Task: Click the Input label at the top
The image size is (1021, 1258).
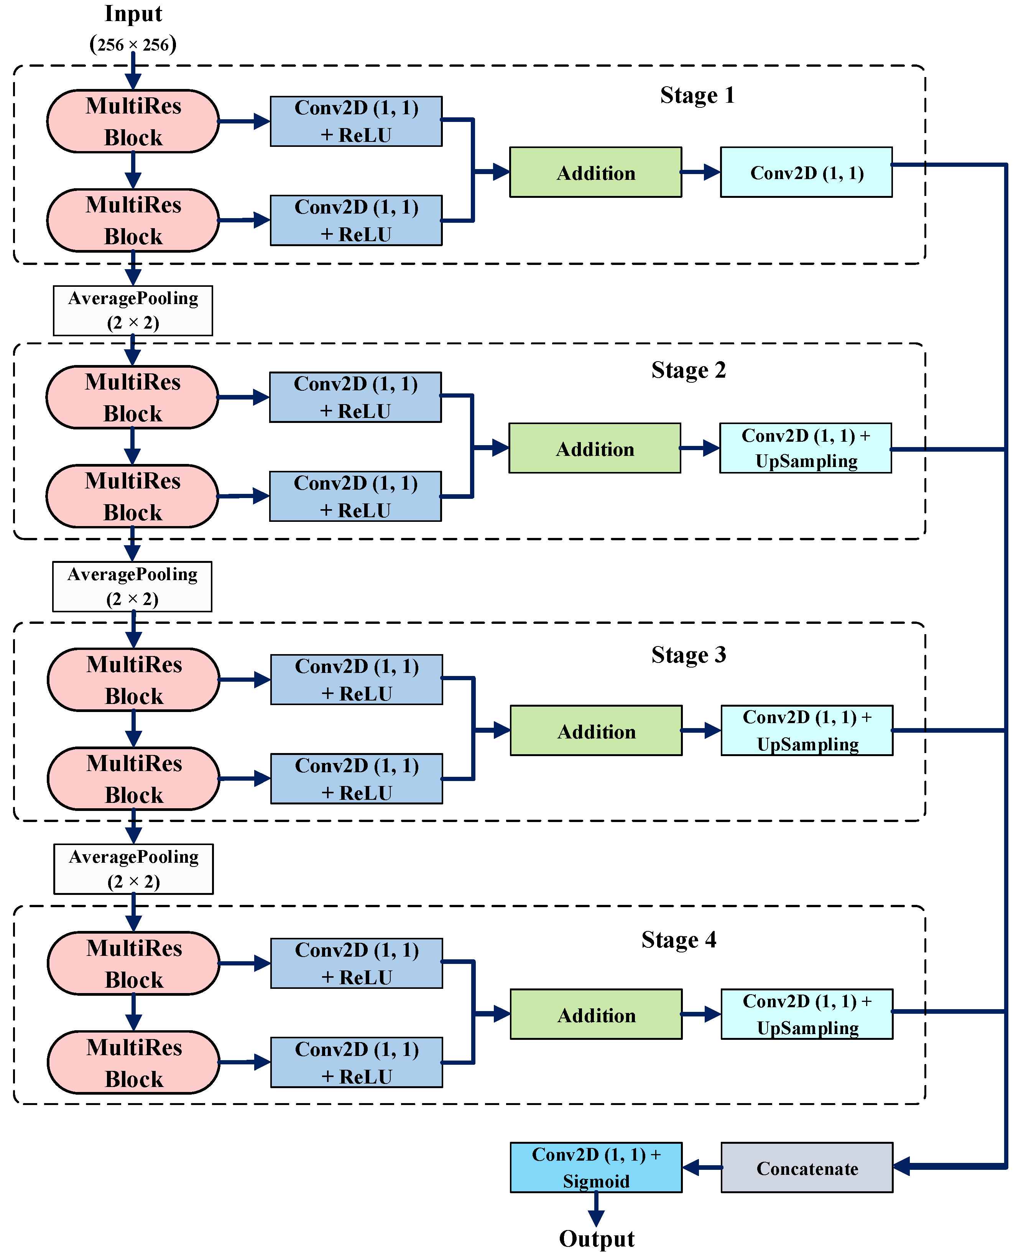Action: tap(133, 13)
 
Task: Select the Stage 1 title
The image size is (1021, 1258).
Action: tap(697, 95)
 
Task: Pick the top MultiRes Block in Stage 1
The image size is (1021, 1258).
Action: tap(133, 121)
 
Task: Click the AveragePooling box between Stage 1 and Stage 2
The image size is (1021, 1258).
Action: tap(133, 311)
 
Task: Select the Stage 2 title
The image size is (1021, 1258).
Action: tap(688, 370)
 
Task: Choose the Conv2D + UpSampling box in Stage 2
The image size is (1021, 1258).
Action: tap(805, 448)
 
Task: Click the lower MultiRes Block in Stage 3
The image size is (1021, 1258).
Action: tap(133, 779)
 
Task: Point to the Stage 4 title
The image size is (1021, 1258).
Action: tap(679, 940)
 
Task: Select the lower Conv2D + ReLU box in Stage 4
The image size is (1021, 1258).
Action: tap(357, 1062)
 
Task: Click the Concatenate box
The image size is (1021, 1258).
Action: tap(807, 1168)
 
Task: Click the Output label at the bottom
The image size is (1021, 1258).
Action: tap(596, 1238)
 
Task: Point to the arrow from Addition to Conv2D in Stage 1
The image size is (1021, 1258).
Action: tap(701, 172)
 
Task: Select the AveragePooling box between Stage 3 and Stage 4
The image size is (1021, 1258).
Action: tap(133, 869)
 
